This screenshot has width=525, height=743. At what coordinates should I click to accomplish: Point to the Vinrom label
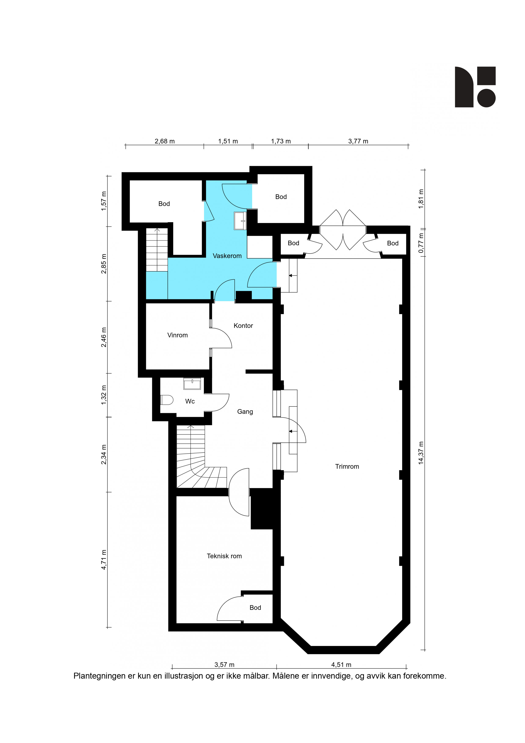(177, 335)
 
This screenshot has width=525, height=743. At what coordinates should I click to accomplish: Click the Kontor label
(243, 326)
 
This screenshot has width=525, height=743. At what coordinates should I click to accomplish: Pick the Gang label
(245, 412)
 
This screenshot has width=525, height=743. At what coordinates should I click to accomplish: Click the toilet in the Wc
(167, 400)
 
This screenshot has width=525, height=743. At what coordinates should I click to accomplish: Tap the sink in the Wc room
(192, 384)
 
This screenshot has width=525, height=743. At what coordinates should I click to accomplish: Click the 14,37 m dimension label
(421, 453)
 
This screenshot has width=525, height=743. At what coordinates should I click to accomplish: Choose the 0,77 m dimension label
(421, 243)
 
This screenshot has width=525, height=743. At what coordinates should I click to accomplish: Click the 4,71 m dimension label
(104, 560)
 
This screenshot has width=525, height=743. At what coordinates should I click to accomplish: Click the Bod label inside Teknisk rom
(255, 608)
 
